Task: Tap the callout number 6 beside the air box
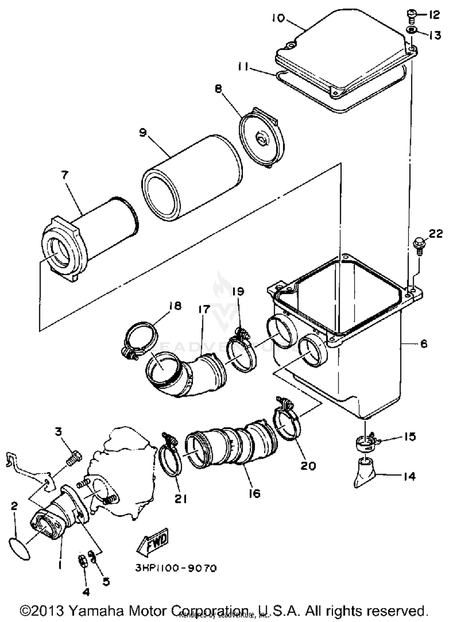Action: point(424,343)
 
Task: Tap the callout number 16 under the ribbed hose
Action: point(254,493)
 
